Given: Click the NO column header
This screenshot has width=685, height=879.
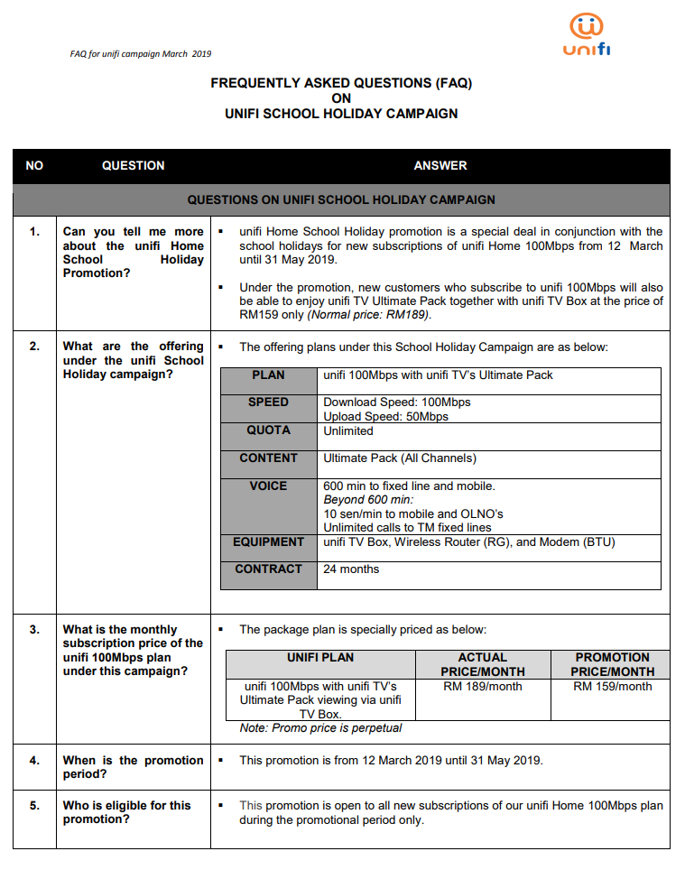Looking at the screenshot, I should pos(34,166).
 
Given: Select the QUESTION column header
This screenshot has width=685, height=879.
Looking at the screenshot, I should pos(133,166).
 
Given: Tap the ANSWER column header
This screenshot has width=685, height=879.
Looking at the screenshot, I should pos(440,166).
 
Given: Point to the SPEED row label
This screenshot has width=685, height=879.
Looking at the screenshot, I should pos(268,402).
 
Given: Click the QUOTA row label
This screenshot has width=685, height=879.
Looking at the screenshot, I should pos(268,430).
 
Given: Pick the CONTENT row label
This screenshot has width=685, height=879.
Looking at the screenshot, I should pos(268,458).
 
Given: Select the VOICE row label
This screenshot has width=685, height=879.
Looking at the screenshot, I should pos(268,486).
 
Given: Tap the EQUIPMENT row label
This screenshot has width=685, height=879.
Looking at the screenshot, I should pos(268,542).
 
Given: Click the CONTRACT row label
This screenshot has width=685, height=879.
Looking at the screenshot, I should pos(268,569).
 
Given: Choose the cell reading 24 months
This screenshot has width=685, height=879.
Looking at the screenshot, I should pos(351,569).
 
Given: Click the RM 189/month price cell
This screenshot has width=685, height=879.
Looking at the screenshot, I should pos(482,687).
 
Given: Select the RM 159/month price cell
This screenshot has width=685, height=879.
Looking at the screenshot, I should pos(612,687).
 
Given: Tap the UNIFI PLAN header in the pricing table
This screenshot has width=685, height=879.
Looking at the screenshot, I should pos(320,658).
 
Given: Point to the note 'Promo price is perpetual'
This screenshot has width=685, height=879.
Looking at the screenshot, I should pos(320,728).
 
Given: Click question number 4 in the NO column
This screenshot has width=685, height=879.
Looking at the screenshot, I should pos(34,761).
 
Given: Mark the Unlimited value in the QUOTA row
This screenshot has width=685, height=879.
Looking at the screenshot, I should pos(347,431).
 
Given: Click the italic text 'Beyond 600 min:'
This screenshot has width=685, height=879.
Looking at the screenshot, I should pos(367,500).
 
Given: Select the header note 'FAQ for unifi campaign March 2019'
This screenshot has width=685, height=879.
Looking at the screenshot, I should pos(141,54).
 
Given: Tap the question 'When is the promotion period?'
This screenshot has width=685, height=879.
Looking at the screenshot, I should pos(133,767).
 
